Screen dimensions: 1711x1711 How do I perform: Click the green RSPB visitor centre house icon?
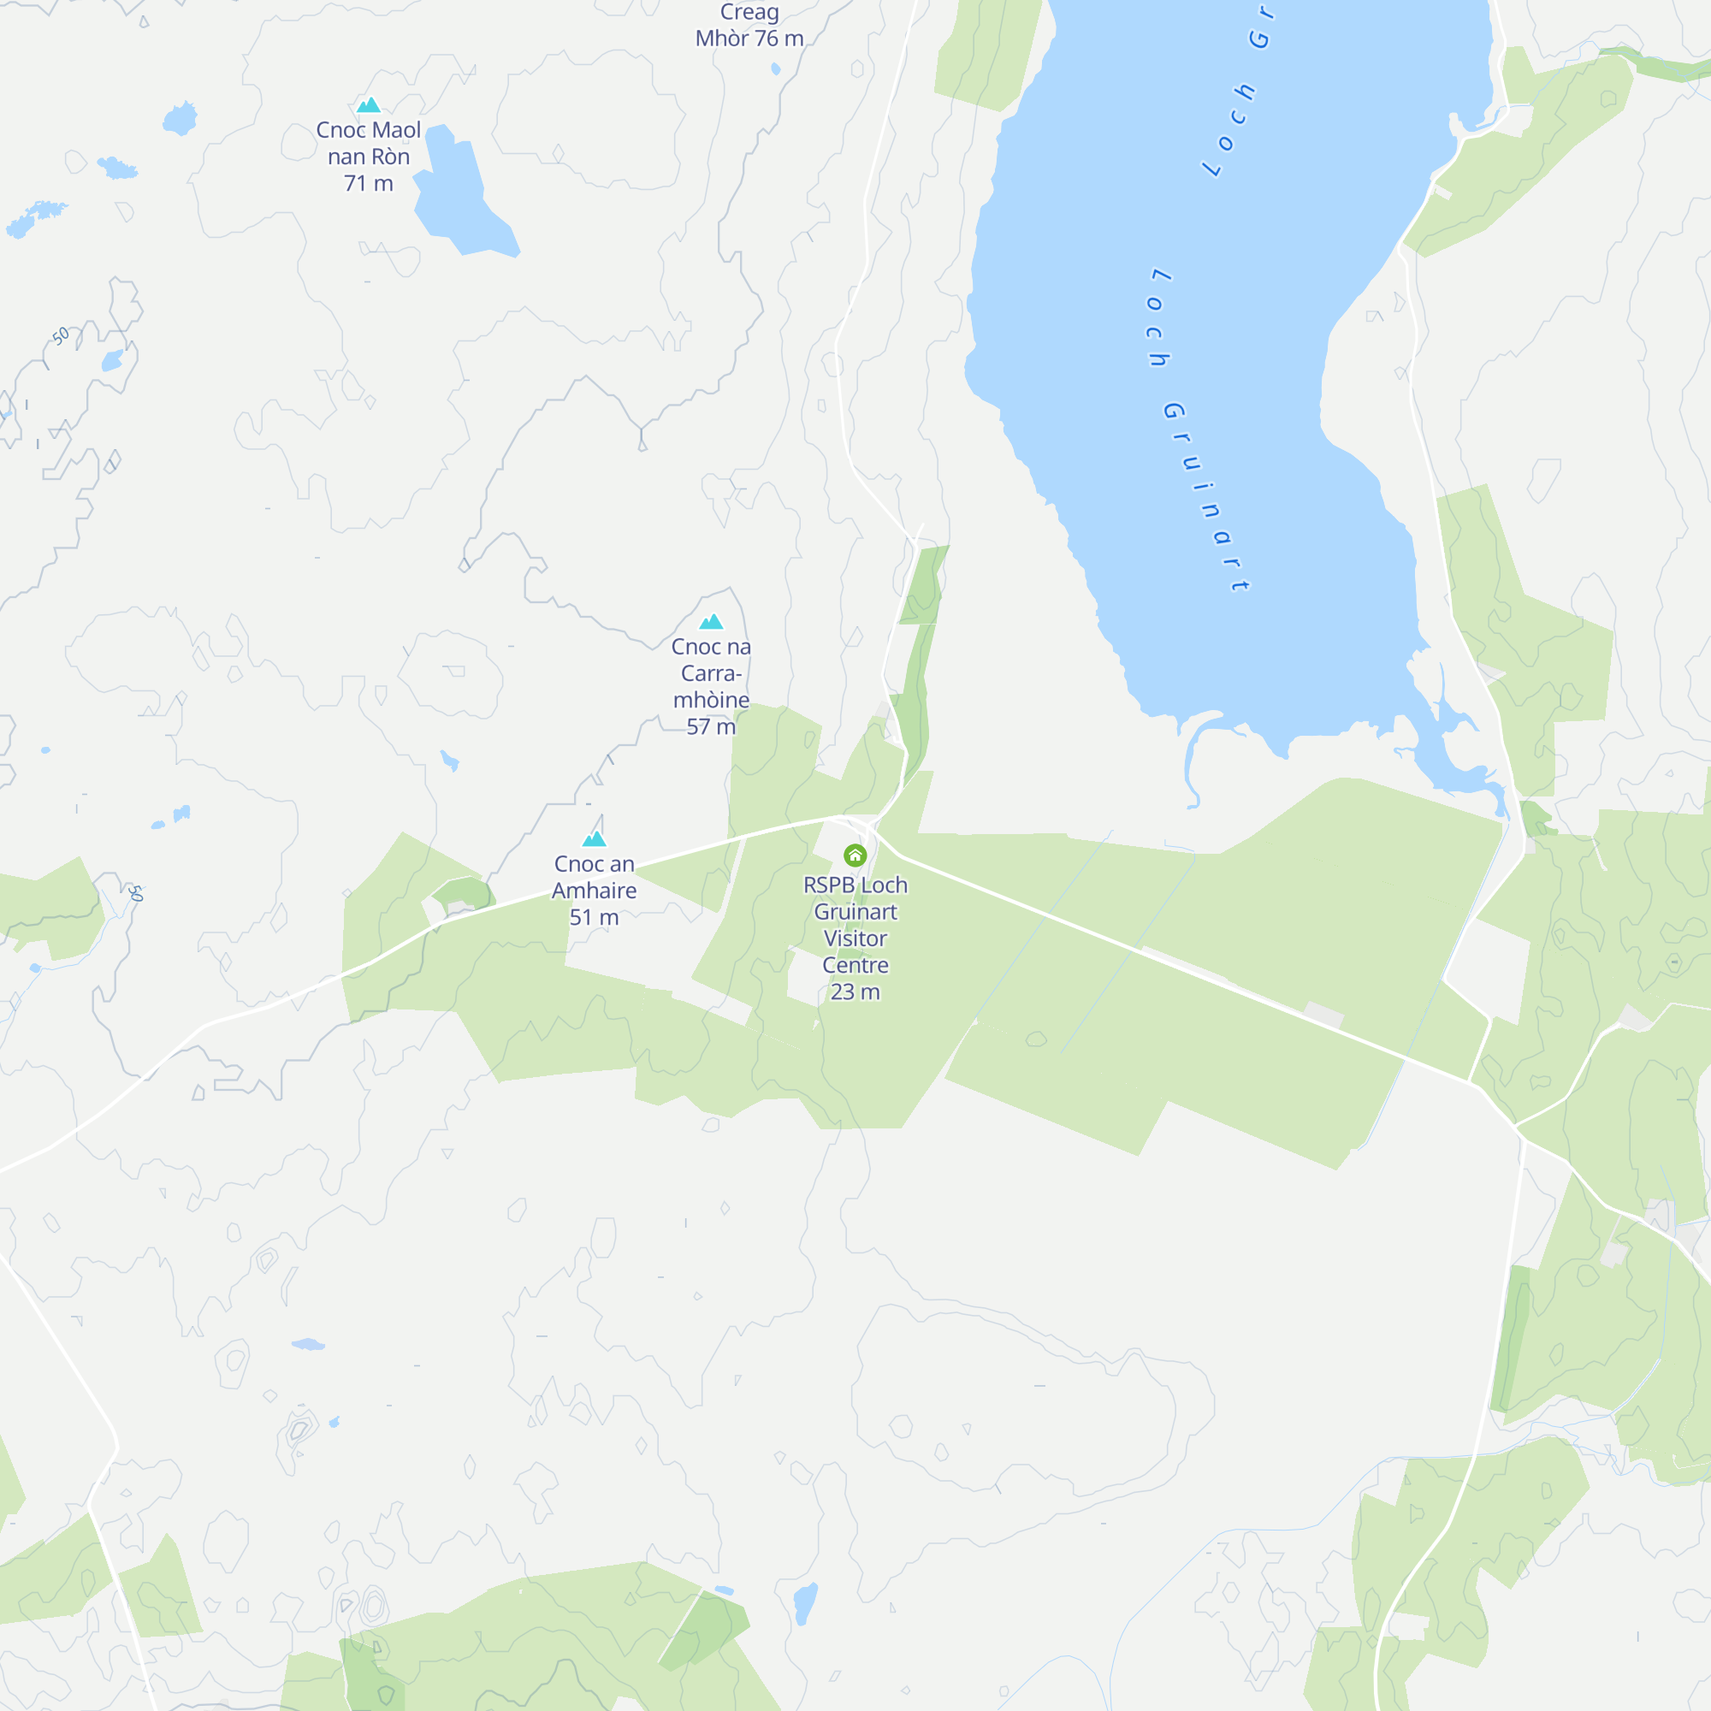855,855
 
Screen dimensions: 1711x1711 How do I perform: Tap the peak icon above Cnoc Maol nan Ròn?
369,105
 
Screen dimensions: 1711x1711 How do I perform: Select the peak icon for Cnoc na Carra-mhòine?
711,622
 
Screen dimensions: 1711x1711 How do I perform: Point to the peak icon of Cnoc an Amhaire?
595,838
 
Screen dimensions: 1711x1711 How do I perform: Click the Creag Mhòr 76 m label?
749,26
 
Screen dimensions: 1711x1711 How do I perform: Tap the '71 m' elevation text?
369,183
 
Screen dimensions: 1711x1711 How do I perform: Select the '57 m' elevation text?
711,726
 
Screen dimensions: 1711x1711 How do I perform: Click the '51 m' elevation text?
595,917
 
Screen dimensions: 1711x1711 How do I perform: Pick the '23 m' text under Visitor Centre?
855,992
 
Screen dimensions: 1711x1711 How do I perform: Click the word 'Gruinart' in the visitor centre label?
855,911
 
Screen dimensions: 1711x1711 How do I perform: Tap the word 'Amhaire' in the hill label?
595,891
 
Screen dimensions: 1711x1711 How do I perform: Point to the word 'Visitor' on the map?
855,938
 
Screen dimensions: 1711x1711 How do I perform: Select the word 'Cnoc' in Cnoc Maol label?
341,130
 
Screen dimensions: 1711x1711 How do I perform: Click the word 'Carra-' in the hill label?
711,673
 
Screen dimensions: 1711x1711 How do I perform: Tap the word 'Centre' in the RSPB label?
855,964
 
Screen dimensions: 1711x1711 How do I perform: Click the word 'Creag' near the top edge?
749,12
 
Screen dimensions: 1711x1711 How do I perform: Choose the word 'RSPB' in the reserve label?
830,885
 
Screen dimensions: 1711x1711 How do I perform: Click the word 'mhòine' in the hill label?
711,700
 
